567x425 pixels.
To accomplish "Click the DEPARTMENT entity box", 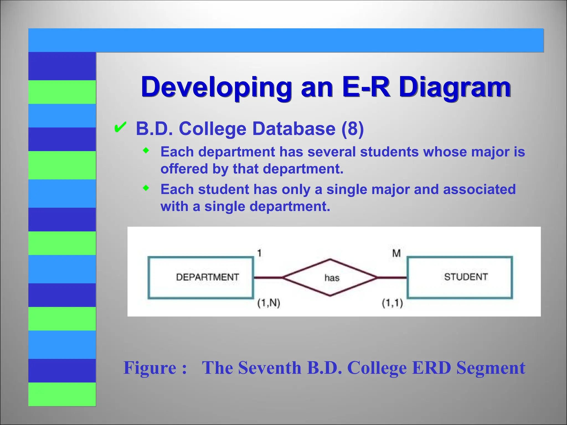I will (201, 278).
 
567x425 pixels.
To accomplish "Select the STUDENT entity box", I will (460, 277).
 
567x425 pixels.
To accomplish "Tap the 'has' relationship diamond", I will (330, 278).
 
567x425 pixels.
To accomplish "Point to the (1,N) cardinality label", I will (269, 303).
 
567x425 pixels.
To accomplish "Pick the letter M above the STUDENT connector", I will (396, 253).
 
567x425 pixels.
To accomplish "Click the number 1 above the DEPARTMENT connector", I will (259, 253).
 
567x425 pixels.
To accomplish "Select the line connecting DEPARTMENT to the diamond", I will (268, 277).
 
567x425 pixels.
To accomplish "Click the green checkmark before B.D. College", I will (120, 128).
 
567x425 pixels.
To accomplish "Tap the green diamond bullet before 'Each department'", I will (146, 151).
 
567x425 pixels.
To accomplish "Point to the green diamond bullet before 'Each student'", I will (146, 188).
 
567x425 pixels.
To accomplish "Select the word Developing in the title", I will (216, 87).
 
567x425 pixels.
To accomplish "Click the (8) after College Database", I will (352, 129).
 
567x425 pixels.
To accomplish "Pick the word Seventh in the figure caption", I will (270, 368).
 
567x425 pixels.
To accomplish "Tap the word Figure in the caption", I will (150, 368).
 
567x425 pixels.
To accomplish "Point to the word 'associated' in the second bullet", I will (479, 190).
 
